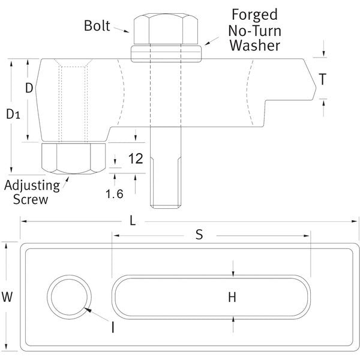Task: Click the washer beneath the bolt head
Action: point(166,53)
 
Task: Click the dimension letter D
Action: point(28,88)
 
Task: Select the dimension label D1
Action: point(13,115)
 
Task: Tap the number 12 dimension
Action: point(136,159)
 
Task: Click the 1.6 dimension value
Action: point(116,193)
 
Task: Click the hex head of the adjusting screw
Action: point(70,158)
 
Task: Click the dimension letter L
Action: point(133,220)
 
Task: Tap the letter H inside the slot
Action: point(233,296)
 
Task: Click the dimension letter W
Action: point(7,296)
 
